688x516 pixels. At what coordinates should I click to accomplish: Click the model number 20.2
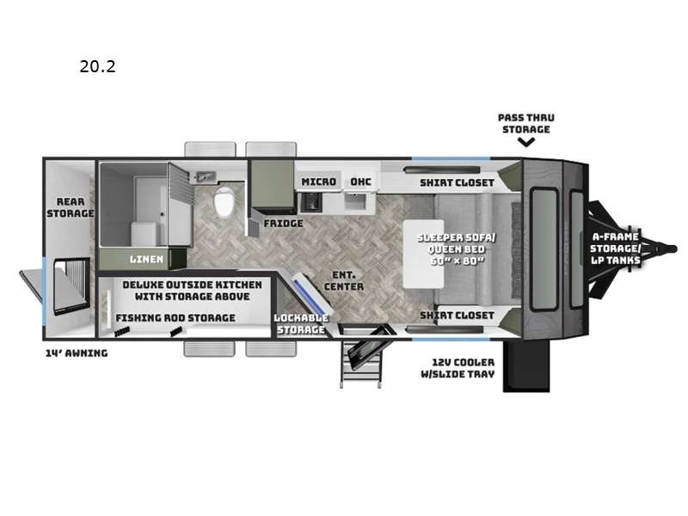[97, 66]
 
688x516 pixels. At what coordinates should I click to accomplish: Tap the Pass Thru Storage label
[526, 123]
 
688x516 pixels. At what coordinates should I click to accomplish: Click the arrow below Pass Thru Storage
[526, 142]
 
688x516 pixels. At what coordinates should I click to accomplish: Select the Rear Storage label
[71, 207]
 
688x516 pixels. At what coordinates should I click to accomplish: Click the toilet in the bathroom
[224, 202]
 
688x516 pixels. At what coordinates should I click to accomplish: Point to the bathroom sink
[206, 177]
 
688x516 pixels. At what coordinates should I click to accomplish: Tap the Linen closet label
[146, 260]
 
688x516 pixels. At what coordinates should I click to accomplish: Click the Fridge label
[284, 224]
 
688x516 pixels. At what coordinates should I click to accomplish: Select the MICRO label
[318, 181]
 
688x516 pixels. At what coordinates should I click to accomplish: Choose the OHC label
[360, 181]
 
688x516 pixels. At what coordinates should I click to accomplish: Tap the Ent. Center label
[344, 281]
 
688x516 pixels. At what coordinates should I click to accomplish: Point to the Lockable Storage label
[301, 324]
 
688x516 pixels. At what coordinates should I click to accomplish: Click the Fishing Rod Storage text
[175, 317]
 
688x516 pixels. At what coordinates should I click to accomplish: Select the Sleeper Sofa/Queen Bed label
[457, 249]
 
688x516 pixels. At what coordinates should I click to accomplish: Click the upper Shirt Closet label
[458, 182]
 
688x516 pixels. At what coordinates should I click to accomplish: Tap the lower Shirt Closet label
[458, 316]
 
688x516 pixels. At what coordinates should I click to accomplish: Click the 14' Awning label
[77, 353]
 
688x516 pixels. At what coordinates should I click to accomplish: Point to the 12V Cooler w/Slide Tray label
[458, 368]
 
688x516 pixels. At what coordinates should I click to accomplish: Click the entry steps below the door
[360, 364]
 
